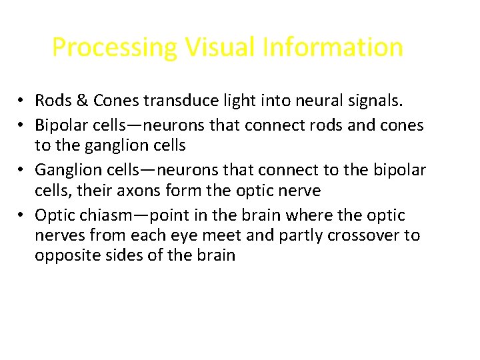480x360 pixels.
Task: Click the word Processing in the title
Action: tap(115, 48)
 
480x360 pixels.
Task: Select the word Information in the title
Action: tap(333, 48)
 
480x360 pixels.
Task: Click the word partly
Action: tap(296, 235)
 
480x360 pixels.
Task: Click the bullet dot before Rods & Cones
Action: tap(22, 101)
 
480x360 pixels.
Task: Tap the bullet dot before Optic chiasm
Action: tap(22, 215)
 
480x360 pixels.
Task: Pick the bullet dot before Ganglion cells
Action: tap(22, 170)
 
